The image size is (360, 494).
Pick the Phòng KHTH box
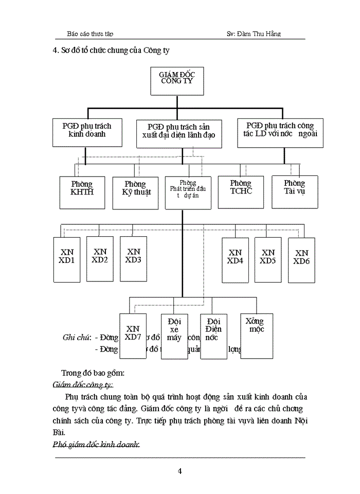click(82, 190)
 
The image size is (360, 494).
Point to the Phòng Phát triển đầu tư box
click(188, 192)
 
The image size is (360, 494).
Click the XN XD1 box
click(67, 259)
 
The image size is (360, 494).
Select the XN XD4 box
click(235, 259)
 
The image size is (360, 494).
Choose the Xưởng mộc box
click(255, 329)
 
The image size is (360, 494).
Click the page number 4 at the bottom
click(179, 471)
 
